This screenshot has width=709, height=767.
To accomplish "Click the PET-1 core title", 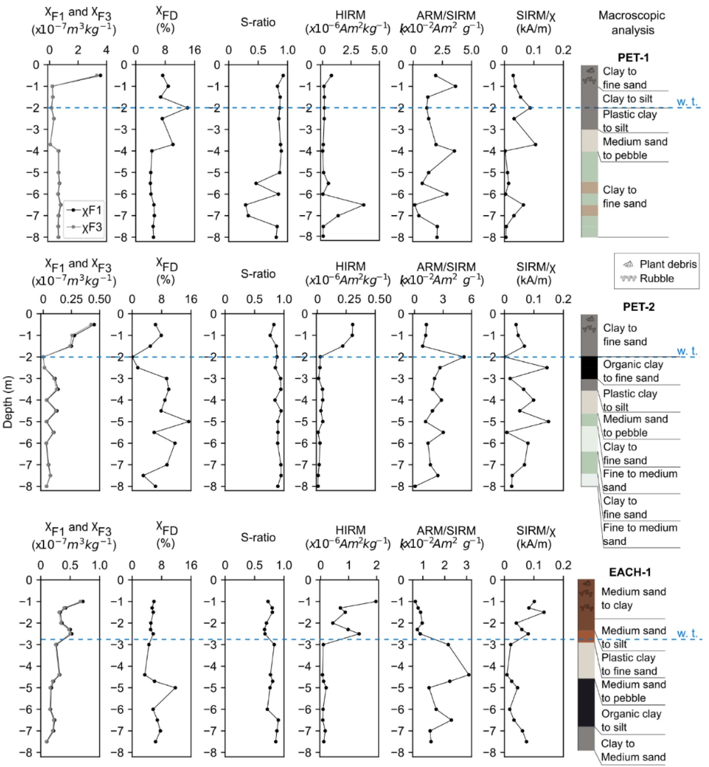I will [x=633, y=57].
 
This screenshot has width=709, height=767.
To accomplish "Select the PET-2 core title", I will [x=638, y=306].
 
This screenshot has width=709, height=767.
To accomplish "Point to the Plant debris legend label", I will [x=668, y=264].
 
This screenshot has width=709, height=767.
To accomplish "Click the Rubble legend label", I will [x=657, y=278].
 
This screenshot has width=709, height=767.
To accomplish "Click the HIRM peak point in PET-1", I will [x=363, y=205].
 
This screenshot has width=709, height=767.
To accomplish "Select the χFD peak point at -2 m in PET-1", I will [x=188, y=108].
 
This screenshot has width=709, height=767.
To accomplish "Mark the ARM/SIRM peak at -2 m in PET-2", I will [x=464, y=357].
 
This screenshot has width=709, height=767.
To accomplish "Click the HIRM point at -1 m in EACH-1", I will [x=376, y=601].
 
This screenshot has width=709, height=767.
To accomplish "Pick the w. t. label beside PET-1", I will [x=687, y=102].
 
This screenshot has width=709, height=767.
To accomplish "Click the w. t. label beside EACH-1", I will [x=687, y=633].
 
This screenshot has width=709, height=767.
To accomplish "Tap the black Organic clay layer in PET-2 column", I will [x=589, y=368].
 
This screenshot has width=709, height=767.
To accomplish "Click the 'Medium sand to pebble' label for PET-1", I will [x=635, y=149].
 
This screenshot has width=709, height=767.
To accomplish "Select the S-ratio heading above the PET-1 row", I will [x=258, y=22].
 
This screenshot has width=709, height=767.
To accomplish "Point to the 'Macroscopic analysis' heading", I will [x=632, y=23].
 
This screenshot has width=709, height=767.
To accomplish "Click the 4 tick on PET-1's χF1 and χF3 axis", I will [x=106, y=50].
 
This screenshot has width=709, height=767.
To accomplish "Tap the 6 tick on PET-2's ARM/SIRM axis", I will [x=471, y=299].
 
